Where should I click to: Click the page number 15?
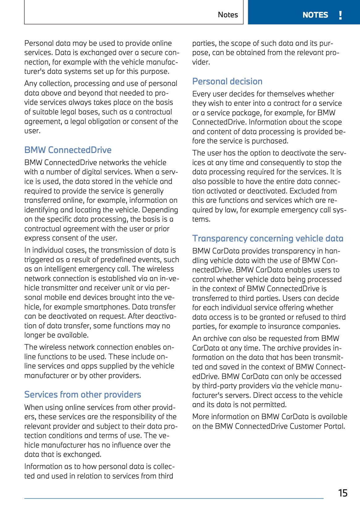point(343,493)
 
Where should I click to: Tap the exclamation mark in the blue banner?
point(341,15)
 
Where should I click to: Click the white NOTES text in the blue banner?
point(315,15)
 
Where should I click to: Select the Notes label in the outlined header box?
point(228,15)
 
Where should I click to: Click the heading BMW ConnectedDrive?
point(68,150)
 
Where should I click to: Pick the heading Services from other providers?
point(83,394)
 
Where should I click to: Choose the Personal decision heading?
point(227,81)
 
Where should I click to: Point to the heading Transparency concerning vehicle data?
point(268,238)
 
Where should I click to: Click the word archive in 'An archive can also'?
point(215,339)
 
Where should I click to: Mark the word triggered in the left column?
point(40,260)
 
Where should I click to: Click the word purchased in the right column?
point(270,141)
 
